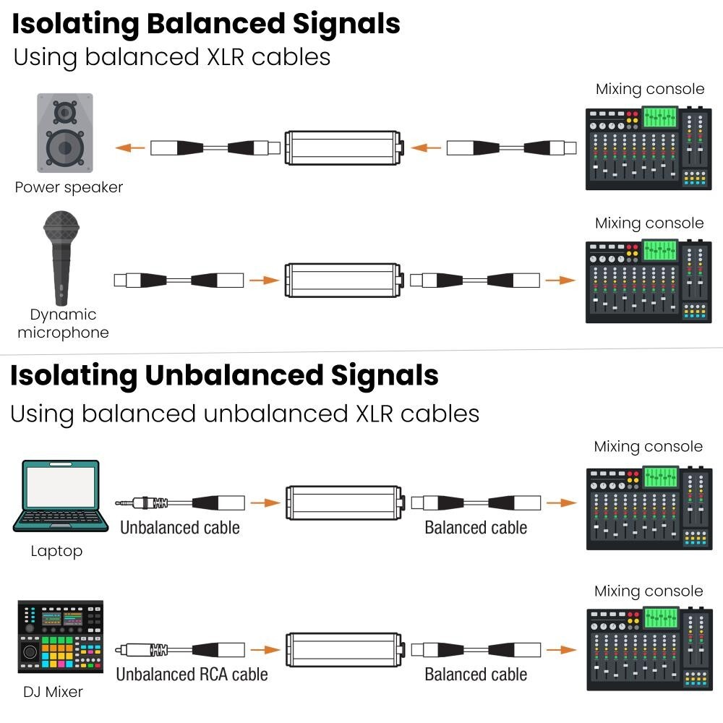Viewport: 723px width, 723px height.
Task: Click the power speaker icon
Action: pos(65,133)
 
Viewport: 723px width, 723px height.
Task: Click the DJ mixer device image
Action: pos(61,637)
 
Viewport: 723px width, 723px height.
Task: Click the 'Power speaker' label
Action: pos(69,187)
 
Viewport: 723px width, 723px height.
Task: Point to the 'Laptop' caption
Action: pos(56,551)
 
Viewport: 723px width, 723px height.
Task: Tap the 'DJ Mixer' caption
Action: pos(53,692)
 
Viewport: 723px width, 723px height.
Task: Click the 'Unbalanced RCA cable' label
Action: pos(192,675)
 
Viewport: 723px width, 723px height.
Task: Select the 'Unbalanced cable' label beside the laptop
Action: pos(179,528)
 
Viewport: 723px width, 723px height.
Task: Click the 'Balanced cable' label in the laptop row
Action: pos(476,528)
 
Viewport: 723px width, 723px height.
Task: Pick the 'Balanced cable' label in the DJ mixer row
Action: pos(476,675)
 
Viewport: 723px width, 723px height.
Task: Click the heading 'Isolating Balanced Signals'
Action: pos(205,23)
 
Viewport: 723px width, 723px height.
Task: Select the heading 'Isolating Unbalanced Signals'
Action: pos(224,375)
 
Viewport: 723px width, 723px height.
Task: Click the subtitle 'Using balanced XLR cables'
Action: pos(172,56)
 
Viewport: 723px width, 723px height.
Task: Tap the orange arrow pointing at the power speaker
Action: pos(129,148)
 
